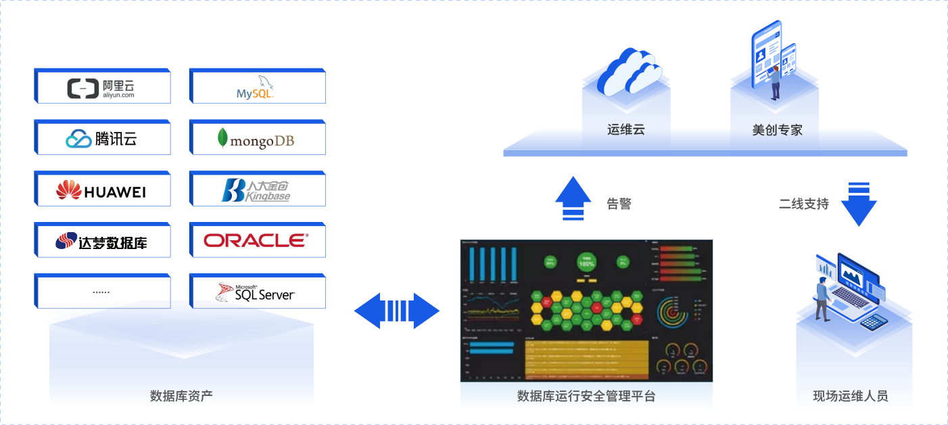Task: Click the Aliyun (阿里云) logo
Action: (x=101, y=89)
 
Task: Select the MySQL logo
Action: (x=256, y=88)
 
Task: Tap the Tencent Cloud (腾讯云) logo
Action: (x=101, y=139)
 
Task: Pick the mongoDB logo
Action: (x=256, y=139)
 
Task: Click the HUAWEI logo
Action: (x=101, y=190)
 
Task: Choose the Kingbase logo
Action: (x=256, y=190)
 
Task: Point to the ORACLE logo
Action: (x=256, y=240)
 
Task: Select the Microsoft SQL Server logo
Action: (x=256, y=292)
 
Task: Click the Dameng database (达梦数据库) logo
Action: (x=101, y=241)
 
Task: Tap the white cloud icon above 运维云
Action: (x=632, y=72)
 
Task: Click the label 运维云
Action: (x=625, y=129)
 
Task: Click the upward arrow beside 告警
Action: (x=573, y=198)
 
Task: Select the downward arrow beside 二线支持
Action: (x=859, y=204)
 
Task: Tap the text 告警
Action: (x=619, y=203)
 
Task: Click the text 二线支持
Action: (x=803, y=204)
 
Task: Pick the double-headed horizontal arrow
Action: (x=397, y=311)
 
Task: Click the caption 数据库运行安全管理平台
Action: (x=586, y=396)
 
